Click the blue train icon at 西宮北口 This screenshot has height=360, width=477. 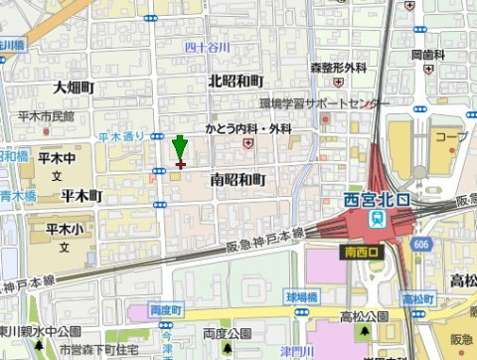tap(379, 216)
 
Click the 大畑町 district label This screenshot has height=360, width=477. tap(74, 89)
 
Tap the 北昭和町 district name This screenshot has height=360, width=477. tap(236, 81)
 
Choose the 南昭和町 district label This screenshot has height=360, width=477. tap(238, 179)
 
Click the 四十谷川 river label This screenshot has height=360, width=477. tap(208, 47)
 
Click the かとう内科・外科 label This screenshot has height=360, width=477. tap(248, 129)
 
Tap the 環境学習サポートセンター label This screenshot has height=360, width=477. tap(325, 103)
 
